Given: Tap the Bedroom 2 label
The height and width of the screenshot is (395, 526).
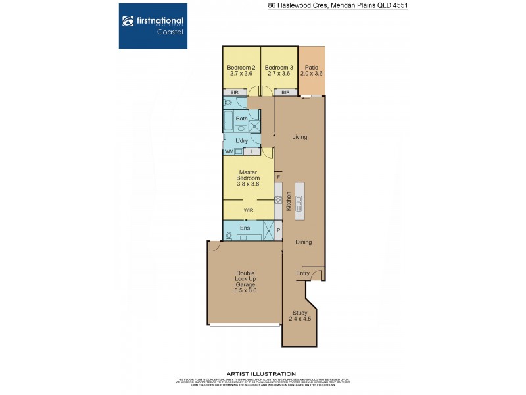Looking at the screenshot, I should tap(240, 70).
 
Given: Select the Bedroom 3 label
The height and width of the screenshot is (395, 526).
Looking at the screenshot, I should tap(278, 70).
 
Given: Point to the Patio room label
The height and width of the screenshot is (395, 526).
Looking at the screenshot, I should tap(311, 70).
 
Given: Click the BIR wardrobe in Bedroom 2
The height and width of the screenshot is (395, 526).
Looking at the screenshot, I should tap(234, 93).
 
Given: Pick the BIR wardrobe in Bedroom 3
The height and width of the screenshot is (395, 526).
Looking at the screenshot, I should tap(285, 93).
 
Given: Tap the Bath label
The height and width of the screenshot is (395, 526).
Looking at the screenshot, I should tap(242, 118).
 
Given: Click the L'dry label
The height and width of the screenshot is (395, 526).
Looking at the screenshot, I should tap(241, 141).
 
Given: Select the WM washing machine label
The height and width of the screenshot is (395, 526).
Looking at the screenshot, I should tap(229, 152).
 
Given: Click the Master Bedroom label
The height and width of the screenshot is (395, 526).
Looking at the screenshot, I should tap(249, 178).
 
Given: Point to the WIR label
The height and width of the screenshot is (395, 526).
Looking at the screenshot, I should tap(249, 211).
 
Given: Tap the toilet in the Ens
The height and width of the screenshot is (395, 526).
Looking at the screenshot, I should tap(229, 235).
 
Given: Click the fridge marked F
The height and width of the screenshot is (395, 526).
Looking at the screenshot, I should tap(278, 177).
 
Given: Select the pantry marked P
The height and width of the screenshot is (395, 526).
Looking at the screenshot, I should tap(278, 230).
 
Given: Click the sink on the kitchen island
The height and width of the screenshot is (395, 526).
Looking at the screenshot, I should tap(299, 199).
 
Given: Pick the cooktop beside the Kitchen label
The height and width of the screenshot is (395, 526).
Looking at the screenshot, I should tap(278, 199).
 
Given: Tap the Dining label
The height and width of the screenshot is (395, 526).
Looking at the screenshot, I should tap(303, 242).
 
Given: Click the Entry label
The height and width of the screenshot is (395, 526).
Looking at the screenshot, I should tap(302, 273).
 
